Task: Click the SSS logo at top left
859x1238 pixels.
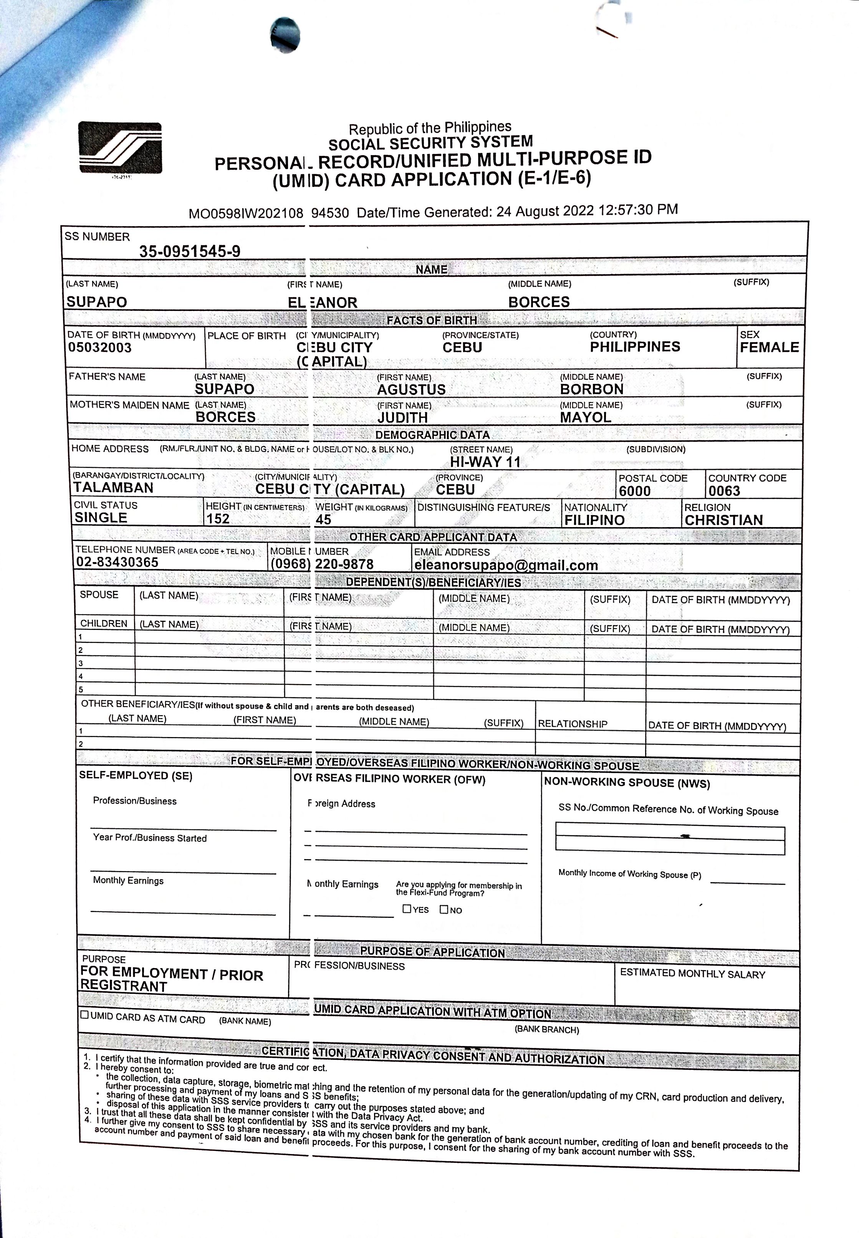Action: pyautogui.click(x=120, y=147)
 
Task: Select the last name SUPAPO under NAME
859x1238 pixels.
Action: pyautogui.click(x=97, y=302)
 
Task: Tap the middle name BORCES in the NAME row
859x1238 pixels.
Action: pyautogui.click(x=539, y=302)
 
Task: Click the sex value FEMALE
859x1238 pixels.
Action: pyautogui.click(x=769, y=347)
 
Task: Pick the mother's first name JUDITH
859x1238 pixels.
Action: pyautogui.click(x=402, y=418)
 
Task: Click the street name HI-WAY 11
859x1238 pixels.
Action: pyautogui.click(x=485, y=462)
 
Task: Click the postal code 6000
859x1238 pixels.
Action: pyautogui.click(x=635, y=491)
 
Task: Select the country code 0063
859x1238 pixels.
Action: pyautogui.click(x=724, y=491)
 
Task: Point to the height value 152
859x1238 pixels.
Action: pyautogui.click(x=218, y=519)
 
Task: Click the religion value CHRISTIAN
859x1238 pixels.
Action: pyautogui.click(x=723, y=520)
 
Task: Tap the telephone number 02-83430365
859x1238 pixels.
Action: pyautogui.click(x=118, y=562)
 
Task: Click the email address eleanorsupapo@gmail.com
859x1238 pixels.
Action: pyautogui.click(x=506, y=565)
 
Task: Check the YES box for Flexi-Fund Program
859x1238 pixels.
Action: pyautogui.click(x=407, y=909)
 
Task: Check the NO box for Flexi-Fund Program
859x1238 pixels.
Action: pyautogui.click(x=444, y=909)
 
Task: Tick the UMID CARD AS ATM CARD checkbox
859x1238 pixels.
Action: pyautogui.click(x=84, y=1015)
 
